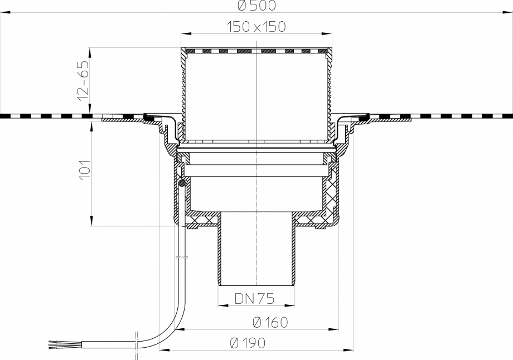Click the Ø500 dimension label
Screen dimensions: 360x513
pos(256,6)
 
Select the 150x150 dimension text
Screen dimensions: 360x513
pos(256,27)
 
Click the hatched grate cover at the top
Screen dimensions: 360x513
pos(256,52)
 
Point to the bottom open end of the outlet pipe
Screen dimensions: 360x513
pos(256,284)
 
